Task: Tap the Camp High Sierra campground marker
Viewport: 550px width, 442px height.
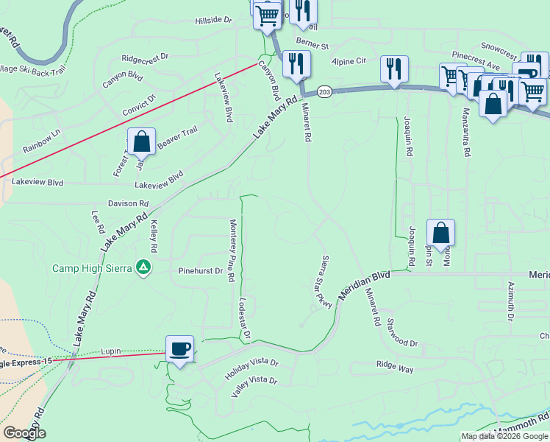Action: click(144, 268)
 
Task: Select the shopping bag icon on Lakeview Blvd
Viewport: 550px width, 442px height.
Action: click(141, 142)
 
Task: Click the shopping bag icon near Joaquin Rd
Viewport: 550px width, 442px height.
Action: click(440, 233)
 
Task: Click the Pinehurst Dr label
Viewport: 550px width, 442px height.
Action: click(200, 271)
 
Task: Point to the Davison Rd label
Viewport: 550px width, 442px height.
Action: click(128, 203)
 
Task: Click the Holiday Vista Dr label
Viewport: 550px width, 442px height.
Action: click(253, 362)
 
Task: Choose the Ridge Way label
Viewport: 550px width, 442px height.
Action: click(396, 364)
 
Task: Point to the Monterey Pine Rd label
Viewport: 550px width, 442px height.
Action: click(232, 250)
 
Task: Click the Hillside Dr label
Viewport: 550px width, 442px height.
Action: click(213, 21)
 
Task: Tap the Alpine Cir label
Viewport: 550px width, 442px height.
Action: click(349, 62)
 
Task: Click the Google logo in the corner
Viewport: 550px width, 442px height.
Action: click(24, 433)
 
